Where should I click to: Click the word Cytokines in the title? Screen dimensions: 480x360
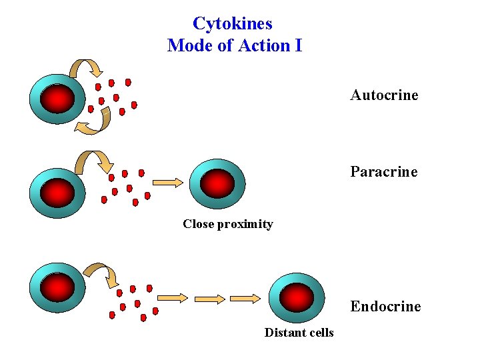tap(232, 23)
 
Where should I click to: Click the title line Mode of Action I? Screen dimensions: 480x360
tap(235, 45)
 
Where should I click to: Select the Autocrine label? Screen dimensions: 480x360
tap(384, 95)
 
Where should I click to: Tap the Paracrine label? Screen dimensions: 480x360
tap(384, 171)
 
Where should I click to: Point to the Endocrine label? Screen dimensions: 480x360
tap(385, 306)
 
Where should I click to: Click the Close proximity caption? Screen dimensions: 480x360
tap(228, 224)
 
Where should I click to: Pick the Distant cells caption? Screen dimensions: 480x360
tap(299, 332)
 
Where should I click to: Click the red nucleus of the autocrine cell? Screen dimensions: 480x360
tap(57, 99)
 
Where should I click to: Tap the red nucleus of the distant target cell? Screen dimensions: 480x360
tap(296, 297)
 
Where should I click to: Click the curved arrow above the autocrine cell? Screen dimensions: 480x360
tap(87, 67)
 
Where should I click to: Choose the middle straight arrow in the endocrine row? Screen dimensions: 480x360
tap(211, 298)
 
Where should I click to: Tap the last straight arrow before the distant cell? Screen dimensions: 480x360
tap(247, 298)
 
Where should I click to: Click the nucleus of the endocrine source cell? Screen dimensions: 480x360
tap(57, 287)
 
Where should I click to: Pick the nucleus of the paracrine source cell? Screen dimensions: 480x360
tap(57, 193)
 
